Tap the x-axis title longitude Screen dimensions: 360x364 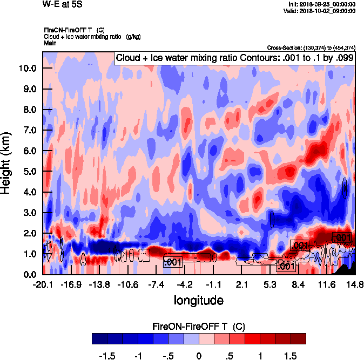199,299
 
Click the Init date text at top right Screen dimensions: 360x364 322,4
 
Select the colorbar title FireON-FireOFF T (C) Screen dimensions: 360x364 199,327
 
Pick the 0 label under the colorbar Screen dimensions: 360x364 199,356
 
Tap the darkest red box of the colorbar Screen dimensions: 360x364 298,338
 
